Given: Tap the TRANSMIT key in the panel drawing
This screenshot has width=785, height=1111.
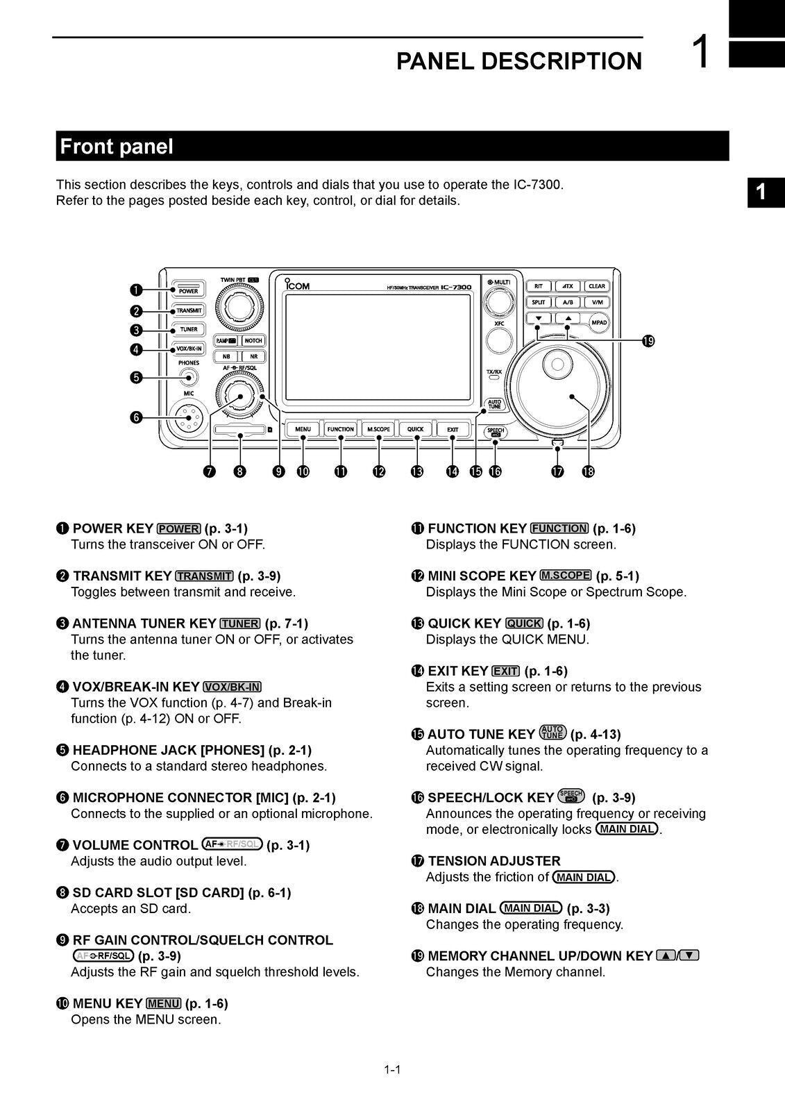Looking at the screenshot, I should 188,310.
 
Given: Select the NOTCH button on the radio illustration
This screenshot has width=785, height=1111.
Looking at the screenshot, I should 253,340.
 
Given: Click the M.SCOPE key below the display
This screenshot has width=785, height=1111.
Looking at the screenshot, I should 378,429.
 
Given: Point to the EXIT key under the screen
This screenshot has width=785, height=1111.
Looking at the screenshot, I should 453,429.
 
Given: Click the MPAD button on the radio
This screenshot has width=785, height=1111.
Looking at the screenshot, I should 598,322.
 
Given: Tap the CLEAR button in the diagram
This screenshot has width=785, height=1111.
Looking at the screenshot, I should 596,286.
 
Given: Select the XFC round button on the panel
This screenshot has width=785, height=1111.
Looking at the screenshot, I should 499,340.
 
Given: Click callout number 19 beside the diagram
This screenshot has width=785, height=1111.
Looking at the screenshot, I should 648,340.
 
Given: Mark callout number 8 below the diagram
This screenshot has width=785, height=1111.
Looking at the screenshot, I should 239,472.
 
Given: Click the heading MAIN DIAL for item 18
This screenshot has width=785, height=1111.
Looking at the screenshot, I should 462,908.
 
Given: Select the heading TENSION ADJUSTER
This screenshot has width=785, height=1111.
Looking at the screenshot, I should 493,861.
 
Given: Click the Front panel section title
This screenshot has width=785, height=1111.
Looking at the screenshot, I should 117,147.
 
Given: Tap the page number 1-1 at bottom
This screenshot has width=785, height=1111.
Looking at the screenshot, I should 392,1069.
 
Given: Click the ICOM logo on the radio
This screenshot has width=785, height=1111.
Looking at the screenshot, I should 297,285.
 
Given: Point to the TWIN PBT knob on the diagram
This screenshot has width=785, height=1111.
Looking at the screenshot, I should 239,305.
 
